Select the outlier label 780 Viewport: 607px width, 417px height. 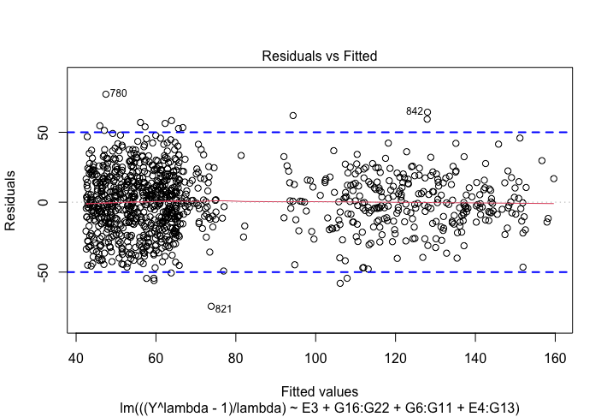coord(118,92)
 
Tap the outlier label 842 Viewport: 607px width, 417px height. coord(415,111)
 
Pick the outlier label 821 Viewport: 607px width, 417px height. coord(224,309)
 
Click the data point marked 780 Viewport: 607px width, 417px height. coord(106,94)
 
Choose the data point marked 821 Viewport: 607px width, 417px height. coord(211,307)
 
